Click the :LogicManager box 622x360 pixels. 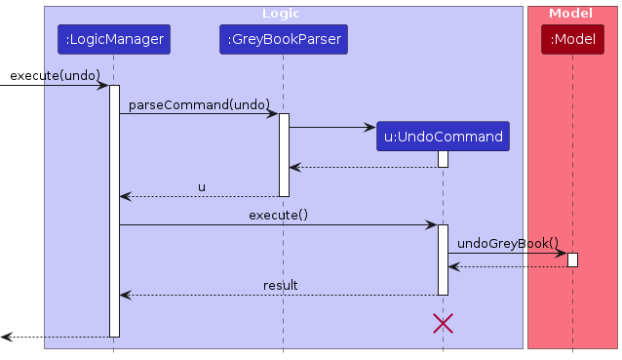point(114,40)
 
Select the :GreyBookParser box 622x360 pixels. point(283,40)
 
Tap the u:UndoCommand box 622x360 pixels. point(443,137)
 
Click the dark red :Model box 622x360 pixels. point(572,40)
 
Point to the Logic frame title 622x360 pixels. point(282,14)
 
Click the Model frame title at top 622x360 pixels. point(571,14)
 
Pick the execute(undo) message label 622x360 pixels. point(55,75)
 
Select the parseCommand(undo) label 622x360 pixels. point(199,103)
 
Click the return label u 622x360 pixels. point(202,186)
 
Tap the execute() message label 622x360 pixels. point(278,215)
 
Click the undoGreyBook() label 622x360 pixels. point(507,243)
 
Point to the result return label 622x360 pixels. point(280,285)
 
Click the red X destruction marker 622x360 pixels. point(443,324)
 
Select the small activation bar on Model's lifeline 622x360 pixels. point(572,260)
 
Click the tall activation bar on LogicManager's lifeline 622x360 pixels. point(114,210)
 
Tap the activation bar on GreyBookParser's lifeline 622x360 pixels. point(284,154)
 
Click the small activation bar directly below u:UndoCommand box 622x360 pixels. point(443,159)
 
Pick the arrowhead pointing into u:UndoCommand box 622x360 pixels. point(370,127)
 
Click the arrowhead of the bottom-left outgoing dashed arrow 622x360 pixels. point(6,337)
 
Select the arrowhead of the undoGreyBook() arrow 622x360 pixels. point(562,253)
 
